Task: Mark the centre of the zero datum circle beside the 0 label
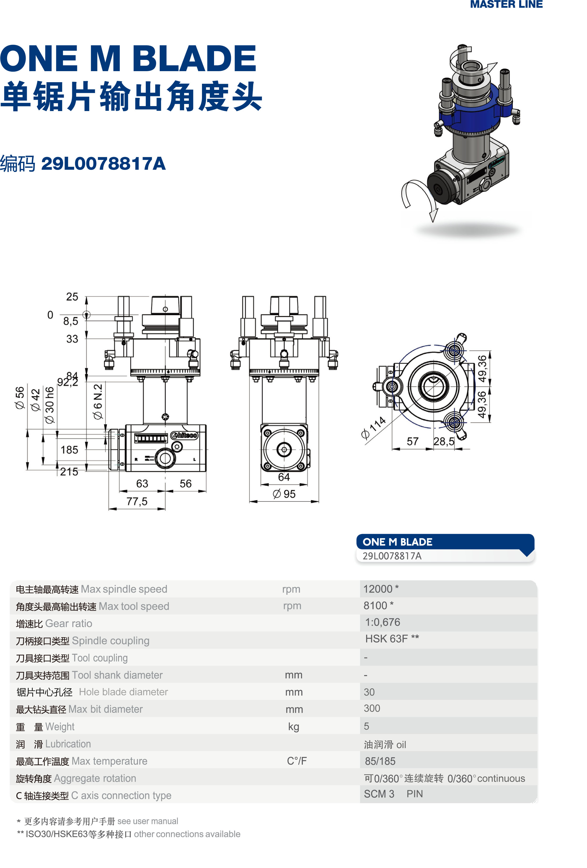[86, 315]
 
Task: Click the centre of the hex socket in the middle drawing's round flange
[284, 449]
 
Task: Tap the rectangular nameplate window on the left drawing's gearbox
[150, 438]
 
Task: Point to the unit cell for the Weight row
[293, 727]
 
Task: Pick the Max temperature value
[380, 761]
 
